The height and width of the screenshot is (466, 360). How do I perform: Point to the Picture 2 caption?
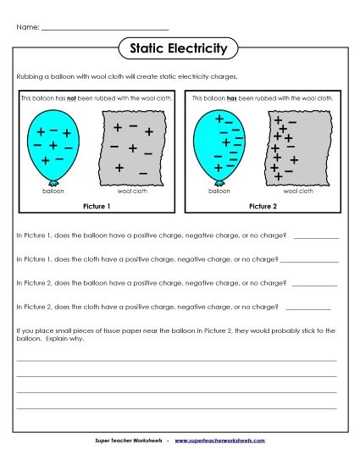263,206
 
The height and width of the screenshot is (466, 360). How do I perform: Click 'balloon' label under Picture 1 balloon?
53,191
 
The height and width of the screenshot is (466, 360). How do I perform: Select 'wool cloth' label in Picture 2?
298,191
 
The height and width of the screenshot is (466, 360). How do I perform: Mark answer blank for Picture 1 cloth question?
308,259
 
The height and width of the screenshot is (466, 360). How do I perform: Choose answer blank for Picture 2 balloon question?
318,284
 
